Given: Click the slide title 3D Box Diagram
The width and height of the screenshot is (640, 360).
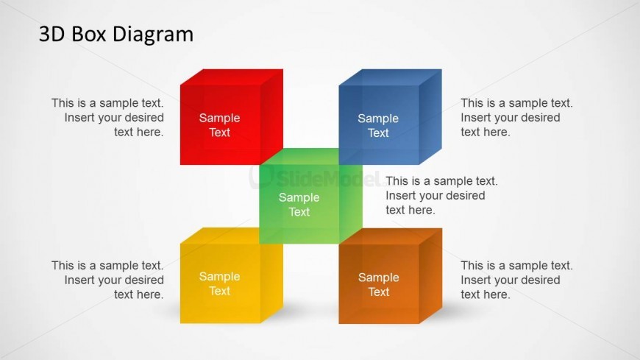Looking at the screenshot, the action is [116, 35].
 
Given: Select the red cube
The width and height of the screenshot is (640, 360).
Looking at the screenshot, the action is [232, 117].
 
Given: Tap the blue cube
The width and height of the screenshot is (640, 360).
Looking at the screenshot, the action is [390, 117].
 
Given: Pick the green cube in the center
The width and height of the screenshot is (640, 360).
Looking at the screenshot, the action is [310, 196].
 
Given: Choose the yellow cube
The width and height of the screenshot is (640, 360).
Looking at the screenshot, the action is [232, 275].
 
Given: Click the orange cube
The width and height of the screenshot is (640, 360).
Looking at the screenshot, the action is [390, 276].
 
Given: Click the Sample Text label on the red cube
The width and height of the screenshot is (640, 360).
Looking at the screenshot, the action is [220, 125].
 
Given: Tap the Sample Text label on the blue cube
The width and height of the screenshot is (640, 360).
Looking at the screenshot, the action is [378, 125].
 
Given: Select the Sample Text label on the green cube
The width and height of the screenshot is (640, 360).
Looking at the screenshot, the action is [299, 205].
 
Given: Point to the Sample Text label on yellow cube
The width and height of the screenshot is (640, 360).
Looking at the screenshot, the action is [220, 283].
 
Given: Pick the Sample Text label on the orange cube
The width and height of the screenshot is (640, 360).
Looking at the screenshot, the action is [379, 284].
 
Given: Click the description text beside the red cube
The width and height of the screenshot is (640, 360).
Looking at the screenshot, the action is [107, 117].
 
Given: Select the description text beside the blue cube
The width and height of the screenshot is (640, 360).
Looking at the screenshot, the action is [516, 117].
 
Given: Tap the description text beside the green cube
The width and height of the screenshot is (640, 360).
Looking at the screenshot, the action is [441, 195].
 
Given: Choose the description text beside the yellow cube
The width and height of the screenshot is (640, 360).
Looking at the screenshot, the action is [107, 280].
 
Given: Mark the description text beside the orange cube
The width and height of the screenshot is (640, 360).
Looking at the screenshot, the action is [516, 280].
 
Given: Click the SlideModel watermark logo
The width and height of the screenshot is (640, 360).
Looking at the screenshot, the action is [316, 177].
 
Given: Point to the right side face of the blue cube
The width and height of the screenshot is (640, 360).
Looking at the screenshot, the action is [430, 117].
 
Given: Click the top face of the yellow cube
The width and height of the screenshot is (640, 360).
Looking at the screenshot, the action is [232, 236].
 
